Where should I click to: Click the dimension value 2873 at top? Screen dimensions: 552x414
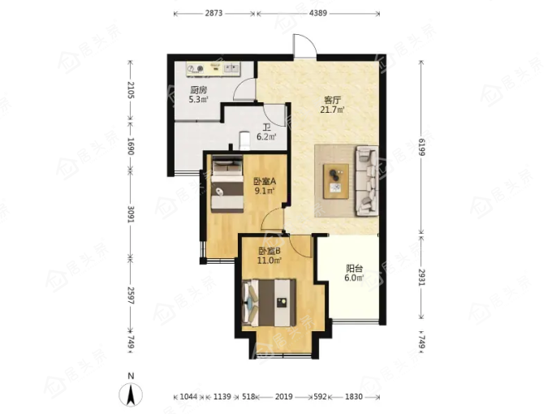[213, 13]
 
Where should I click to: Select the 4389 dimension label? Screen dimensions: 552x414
[318, 13]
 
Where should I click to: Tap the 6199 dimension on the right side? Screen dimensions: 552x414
[422, 146]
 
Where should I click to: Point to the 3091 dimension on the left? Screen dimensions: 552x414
[131, 213]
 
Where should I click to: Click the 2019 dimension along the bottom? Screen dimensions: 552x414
[284, 397]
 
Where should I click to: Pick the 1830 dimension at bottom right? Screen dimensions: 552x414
[353, 397]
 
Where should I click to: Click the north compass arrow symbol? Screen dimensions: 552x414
[131, 395]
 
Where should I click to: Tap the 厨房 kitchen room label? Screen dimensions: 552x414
[199, 90]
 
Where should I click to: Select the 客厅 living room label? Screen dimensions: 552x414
[332, 101]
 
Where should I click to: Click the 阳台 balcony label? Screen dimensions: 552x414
[354, 269]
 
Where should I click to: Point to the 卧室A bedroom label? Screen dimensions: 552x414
[265, 182]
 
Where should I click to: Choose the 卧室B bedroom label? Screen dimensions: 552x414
[270, 252]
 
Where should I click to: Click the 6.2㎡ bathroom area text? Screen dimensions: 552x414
[266, 136]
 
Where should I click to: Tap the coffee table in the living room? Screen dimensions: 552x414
[336, 181]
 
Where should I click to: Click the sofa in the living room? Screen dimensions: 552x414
[367, 180]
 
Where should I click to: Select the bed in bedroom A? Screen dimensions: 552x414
[227, 184]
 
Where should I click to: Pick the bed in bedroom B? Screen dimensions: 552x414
[270, 303]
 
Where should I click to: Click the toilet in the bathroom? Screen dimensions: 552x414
[244, 140]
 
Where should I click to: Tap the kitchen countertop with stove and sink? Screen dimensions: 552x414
[213, 69]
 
